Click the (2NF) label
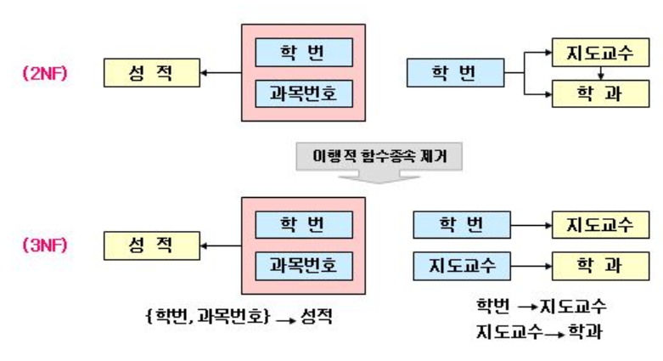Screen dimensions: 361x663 (x=45, y=73)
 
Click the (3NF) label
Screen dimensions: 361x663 (x=45, y=246)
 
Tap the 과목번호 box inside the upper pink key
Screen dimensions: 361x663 (x=303, y=93)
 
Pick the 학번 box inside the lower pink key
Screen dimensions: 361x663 (x=303, y=224)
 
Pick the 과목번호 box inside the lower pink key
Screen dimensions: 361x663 (x=303, y=266)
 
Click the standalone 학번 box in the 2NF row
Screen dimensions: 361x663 (x=454, y=73)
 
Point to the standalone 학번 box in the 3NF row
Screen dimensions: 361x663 (x=462, y=224)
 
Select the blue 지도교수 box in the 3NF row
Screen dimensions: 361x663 (x=462, y=266)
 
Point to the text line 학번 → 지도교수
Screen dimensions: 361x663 (x=541, y=305)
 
